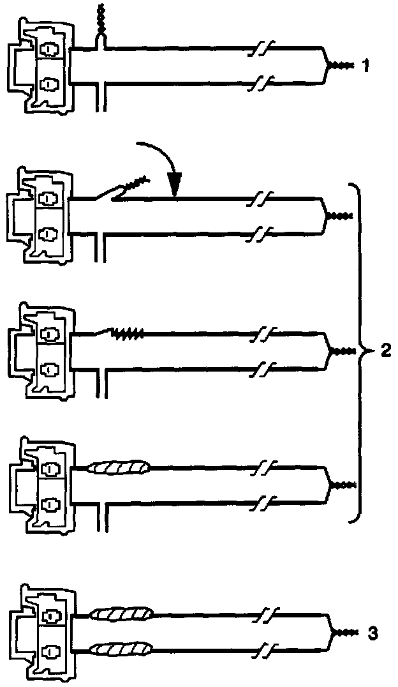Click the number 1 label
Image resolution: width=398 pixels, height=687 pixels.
[365, 65]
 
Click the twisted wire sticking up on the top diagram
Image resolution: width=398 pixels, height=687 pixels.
[99, 20]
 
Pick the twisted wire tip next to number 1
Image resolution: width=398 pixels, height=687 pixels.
[339, 66]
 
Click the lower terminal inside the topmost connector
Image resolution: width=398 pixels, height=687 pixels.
[48, 83]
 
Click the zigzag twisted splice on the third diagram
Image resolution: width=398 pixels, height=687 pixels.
[126, 333]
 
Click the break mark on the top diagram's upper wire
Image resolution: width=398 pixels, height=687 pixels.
[262, 48]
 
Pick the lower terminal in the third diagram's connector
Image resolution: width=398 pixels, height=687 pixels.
[48, 368]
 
